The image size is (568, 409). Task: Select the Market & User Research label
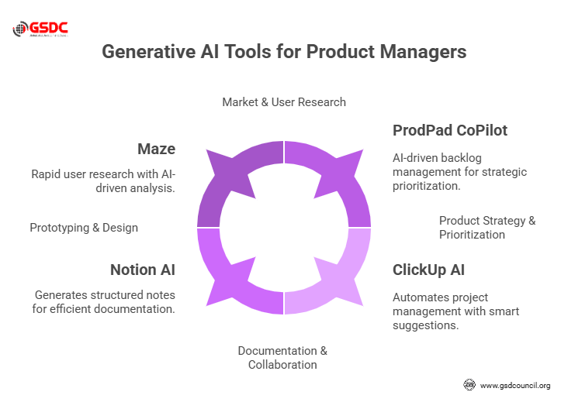(x=284, y=102)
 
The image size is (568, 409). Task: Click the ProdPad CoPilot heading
(x=449, y=130)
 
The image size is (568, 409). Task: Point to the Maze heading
(x=158, y=149)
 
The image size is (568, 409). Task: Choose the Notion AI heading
(x=143, y=270)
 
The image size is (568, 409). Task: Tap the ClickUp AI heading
(x=428, y=270)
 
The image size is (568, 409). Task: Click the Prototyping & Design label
(x=84, y=228)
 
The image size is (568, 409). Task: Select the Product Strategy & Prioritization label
(x=487, y=228)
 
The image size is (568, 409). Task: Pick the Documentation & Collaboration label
(x=282, y=358)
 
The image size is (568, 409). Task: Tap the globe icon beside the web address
(x=469, y=385)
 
